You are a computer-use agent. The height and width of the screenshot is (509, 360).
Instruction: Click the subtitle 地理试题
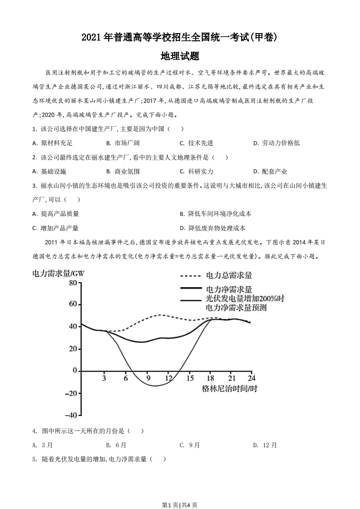pyautogui.click(x=180, y=56)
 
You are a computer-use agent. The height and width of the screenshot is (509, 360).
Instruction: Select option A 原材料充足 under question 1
pyautogui.click(x=53, y=143)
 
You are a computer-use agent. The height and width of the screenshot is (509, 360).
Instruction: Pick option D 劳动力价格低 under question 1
pyautogui.click(x=276, y=143)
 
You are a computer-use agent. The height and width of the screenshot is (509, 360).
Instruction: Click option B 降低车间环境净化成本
pyautogui.click(x=216, y=214)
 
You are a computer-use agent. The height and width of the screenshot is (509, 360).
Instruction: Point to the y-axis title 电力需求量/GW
pyautogui.click(x=59, y=273)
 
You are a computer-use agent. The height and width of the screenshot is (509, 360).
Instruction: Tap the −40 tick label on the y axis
pyautogui.click(x=70, y=415)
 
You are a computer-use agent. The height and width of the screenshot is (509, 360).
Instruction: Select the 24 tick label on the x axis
pyautogui.click(x=251, y=378)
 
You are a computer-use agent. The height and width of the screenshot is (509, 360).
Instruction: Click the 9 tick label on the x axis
pyautogui.click(x=148, y=378)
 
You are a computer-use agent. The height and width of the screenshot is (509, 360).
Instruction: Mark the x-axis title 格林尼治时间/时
pyautogui.click(x=230, y=389)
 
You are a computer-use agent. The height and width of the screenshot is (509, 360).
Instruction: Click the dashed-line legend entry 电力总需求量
pyautogui.click(x=229, y=275)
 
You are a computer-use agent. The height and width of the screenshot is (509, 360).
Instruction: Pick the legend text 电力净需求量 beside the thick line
pyautogui.click(x=229, y=289)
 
